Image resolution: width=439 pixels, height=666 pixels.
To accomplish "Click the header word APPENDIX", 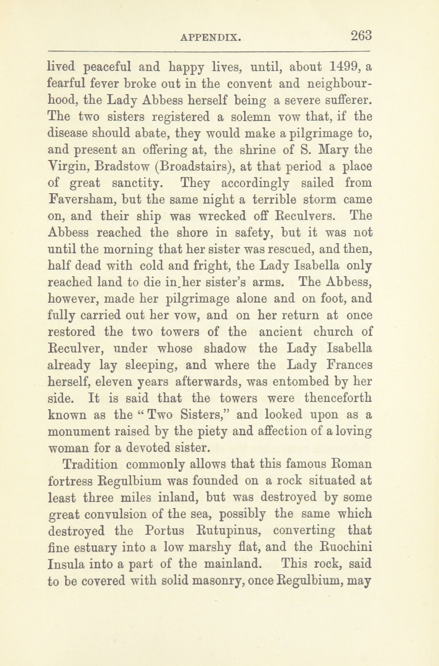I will pos(211,38).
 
